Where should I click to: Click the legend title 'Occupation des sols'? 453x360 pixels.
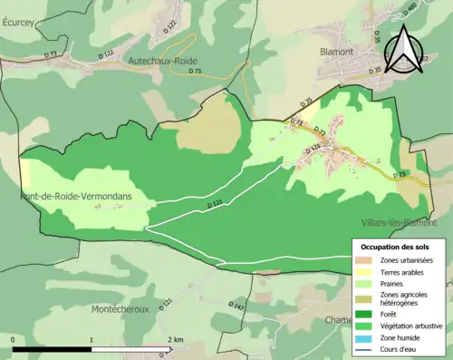point(397,247)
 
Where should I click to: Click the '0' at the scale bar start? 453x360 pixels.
point(13,339)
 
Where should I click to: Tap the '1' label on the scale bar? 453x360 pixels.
point(91,339)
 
